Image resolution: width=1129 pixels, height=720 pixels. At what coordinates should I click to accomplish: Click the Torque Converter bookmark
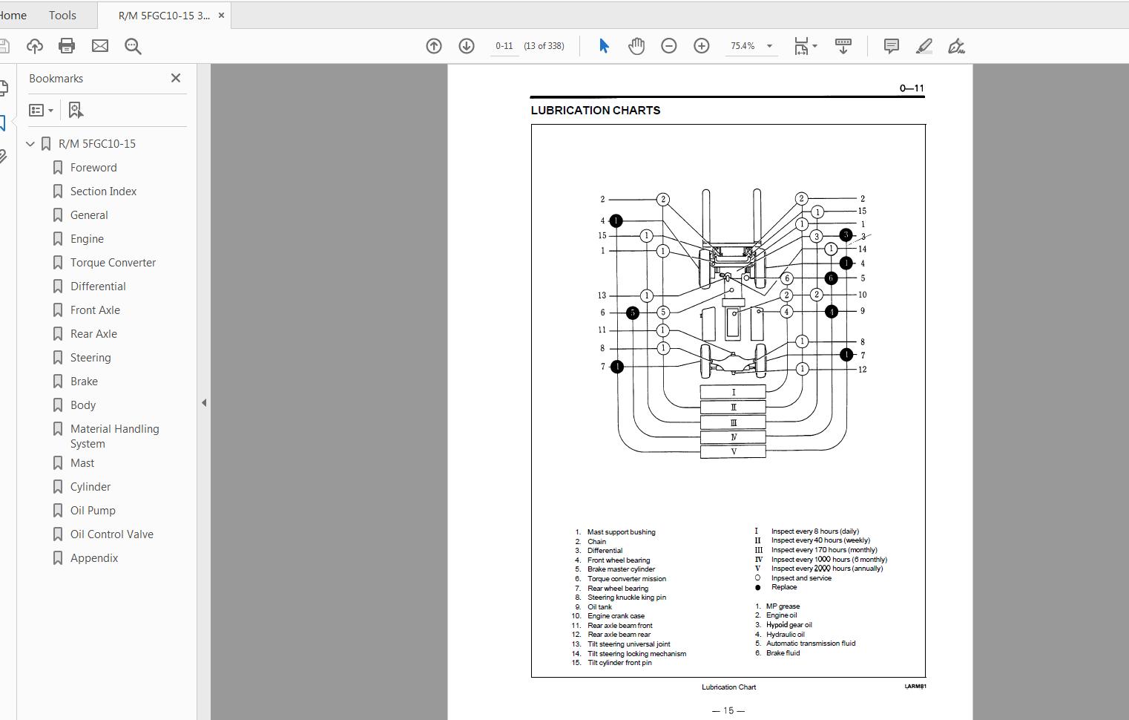(x=113, y=263)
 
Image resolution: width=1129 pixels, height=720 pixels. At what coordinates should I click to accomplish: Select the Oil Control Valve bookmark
(x=111, y=534)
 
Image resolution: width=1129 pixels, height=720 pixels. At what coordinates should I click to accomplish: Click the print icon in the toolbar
(x=67, y=46)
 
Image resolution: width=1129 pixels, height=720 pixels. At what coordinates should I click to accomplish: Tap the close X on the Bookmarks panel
(x=176, y=78)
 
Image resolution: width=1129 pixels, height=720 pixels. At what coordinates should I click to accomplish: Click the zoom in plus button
(x=701, y=46)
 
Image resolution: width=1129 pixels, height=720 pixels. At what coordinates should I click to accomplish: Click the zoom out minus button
(x=668, y=46)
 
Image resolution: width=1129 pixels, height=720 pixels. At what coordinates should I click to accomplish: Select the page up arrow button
(x=434, y=46)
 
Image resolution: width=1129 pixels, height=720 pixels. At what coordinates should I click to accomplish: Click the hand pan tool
(x=636, y=46)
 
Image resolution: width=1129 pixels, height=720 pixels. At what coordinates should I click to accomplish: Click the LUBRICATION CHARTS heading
(x=595, y=111)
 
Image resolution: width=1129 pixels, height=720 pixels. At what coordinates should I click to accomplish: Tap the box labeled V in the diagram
(x=733, y=451)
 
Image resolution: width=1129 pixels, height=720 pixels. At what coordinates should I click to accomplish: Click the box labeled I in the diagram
(x=733, y=392)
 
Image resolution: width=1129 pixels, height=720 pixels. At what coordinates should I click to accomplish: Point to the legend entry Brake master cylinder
(x=621, y=569)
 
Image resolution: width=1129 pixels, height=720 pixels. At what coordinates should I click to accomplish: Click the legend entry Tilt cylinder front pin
(x=619, y=663)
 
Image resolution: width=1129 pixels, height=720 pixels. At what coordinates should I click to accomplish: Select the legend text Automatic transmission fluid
(x=810, y=644)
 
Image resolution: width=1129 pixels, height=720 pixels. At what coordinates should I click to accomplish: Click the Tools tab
(x=62, y=15)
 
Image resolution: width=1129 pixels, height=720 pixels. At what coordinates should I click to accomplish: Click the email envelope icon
(x=100, y=46)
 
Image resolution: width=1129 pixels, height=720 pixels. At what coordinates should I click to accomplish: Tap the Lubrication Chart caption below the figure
(x=728, y=687)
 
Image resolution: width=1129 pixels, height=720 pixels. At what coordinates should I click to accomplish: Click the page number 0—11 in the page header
(x=912, y=88)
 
